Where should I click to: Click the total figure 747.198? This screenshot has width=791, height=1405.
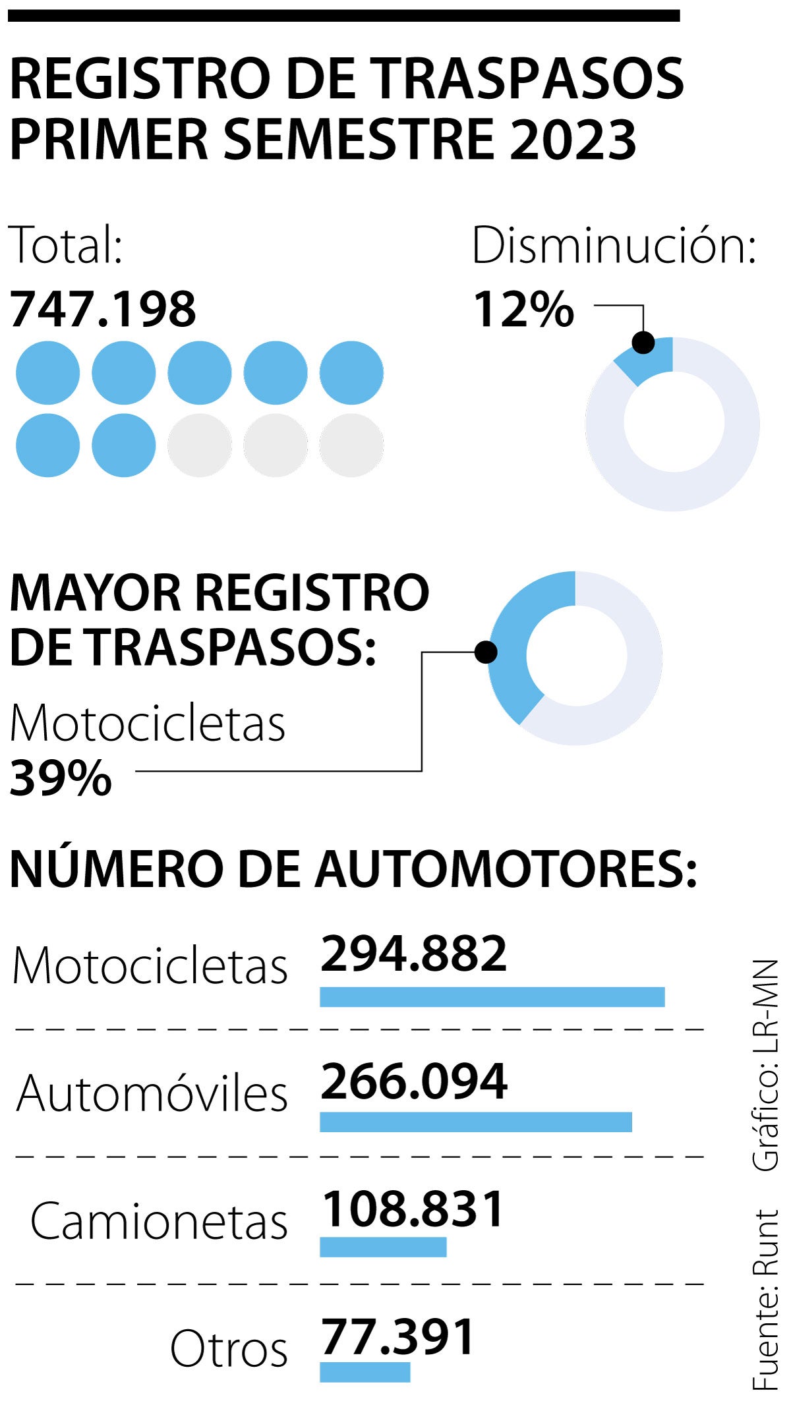(103, 310)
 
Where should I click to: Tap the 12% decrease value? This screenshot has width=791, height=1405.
(523, 310)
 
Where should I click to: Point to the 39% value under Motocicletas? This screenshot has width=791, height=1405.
(61, 778)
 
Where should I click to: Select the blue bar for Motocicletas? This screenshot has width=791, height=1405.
(492, 996)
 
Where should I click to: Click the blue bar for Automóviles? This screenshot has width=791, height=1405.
(475, 1122)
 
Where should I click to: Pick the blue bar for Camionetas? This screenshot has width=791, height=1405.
(383, 1247)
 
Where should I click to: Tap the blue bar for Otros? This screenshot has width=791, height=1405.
(365, 1371)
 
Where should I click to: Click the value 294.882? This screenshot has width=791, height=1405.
(414, 954)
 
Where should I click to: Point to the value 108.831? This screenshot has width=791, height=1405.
(413, 1209)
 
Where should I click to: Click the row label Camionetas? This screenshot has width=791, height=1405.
(159, 1221)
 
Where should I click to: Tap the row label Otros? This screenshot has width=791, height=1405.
(229, 1348)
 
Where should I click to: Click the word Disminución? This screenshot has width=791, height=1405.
(614, 246)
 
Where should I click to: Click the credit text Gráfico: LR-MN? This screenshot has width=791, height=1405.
(766, 1065)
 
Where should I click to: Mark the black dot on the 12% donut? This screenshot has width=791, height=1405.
(643, 342)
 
